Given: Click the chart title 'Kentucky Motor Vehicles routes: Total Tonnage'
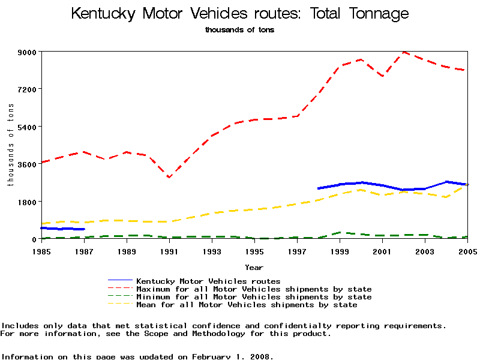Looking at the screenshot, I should pos(240,14).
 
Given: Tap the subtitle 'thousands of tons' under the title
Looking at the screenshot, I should pos(239,29).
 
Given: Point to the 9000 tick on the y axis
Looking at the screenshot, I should pos(26,52).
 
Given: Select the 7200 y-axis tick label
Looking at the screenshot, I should pos(26,89).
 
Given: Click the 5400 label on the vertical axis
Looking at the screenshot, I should pos(26,127).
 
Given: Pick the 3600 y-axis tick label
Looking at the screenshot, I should pos(26,164).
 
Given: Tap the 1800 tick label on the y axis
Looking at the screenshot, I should pos(26,202).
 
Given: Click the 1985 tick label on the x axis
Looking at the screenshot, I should pos(41,251).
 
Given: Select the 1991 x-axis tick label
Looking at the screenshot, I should pos(169,251).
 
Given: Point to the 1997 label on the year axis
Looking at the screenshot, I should pos(297,251).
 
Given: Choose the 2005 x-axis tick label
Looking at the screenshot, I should pos(467,251).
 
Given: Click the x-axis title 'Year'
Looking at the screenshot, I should pos(254,267).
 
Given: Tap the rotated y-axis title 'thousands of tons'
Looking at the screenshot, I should pos(11,145).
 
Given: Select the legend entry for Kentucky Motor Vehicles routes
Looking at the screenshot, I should pos(208,281).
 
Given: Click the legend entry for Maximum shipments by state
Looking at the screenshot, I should pos(254,289).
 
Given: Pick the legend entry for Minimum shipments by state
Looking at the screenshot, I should pos(254,297).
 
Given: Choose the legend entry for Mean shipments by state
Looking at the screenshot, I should pos(247,305).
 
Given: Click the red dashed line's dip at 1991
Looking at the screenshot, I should pos(169,177).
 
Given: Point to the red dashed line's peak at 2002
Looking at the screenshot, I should pos(404,52).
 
